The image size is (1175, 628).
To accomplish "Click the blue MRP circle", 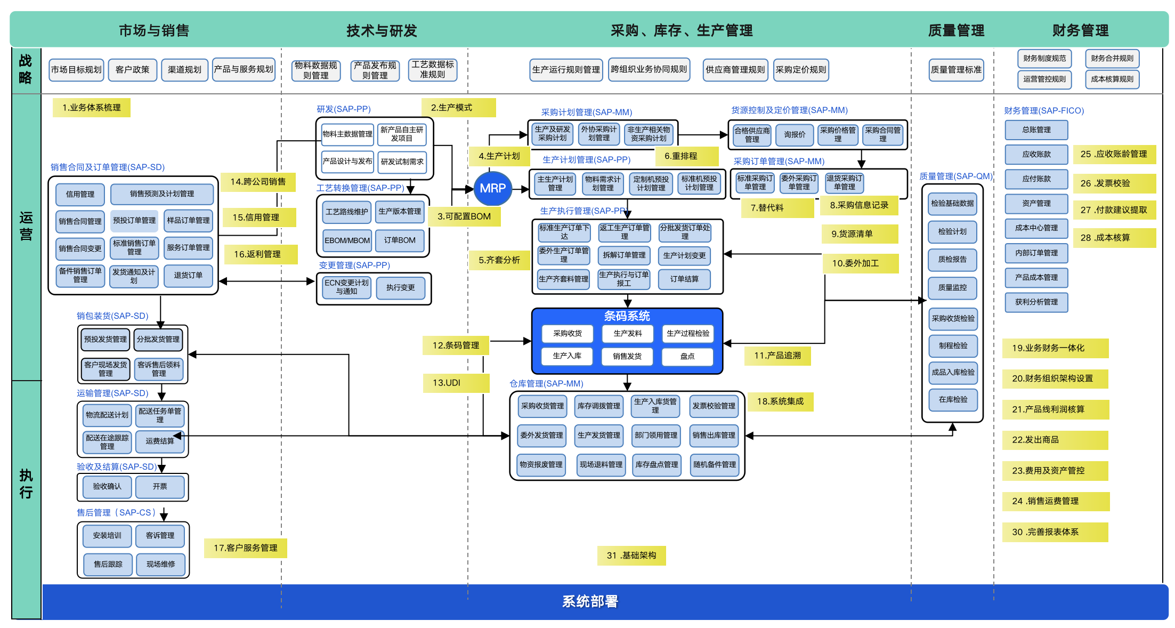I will (492, 188).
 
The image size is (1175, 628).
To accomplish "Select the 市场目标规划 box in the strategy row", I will (76, 70).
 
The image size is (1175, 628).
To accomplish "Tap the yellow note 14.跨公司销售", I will (258, 182).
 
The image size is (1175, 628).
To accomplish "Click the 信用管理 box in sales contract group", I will (80, 194).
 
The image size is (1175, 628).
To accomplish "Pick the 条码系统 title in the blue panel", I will (627, 316).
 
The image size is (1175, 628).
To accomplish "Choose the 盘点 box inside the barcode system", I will (687, 356).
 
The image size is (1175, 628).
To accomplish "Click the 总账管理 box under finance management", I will (1036, 130).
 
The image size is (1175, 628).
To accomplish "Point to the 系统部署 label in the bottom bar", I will (590, 601).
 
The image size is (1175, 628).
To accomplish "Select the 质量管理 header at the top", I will (956, 30).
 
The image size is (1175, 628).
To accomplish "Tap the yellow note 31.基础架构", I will (631, 555).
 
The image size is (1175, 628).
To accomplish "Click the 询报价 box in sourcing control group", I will (795, 135).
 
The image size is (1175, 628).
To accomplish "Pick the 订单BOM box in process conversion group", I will (400, 240).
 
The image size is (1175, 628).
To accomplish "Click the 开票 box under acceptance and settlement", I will (160, 486).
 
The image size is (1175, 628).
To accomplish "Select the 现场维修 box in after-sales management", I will (160, 564).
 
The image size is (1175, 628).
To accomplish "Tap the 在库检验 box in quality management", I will (953, 399).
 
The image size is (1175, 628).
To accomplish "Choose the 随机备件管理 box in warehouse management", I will (714, 464).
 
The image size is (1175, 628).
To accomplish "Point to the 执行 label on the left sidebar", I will (26, 484).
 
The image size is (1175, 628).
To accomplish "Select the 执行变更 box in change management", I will (400, 287).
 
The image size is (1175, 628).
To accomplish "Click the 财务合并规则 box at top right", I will (1112, 59).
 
